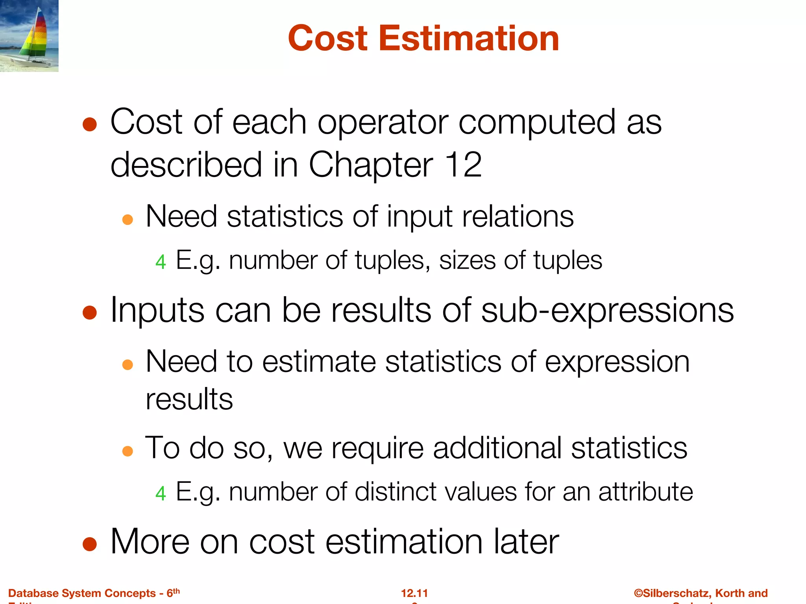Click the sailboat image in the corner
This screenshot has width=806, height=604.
29,36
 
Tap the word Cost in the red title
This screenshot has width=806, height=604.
328,38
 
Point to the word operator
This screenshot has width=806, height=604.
383,122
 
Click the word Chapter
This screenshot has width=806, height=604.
371,165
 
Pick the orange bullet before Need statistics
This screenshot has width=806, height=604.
128,219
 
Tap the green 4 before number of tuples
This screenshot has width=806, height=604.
161,262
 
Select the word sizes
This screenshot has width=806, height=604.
467,260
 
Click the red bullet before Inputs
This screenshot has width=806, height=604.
90,313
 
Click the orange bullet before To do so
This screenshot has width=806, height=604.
128,451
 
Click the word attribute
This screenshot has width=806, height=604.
645,492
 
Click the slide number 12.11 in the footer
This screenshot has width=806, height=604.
414,593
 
